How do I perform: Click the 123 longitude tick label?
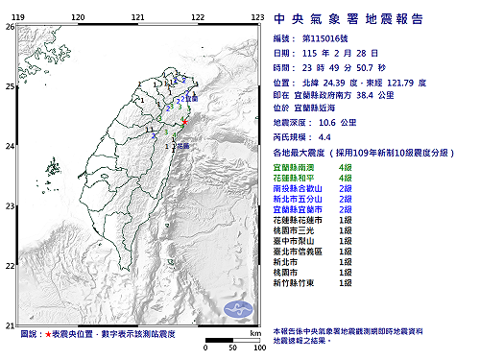[x=257, y=17]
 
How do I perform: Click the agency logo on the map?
[x=238, y=309]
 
